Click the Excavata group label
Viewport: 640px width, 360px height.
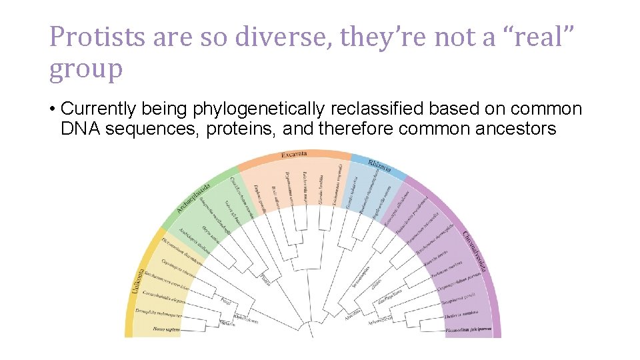pos(294,154)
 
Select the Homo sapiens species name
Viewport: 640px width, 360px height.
pos(167,328)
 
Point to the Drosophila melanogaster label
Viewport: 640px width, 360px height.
pos(159,313)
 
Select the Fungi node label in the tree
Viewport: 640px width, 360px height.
pos(225,300)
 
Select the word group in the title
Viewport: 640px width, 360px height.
pos(85,69)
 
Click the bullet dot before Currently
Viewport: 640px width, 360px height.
pos(53,109)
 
